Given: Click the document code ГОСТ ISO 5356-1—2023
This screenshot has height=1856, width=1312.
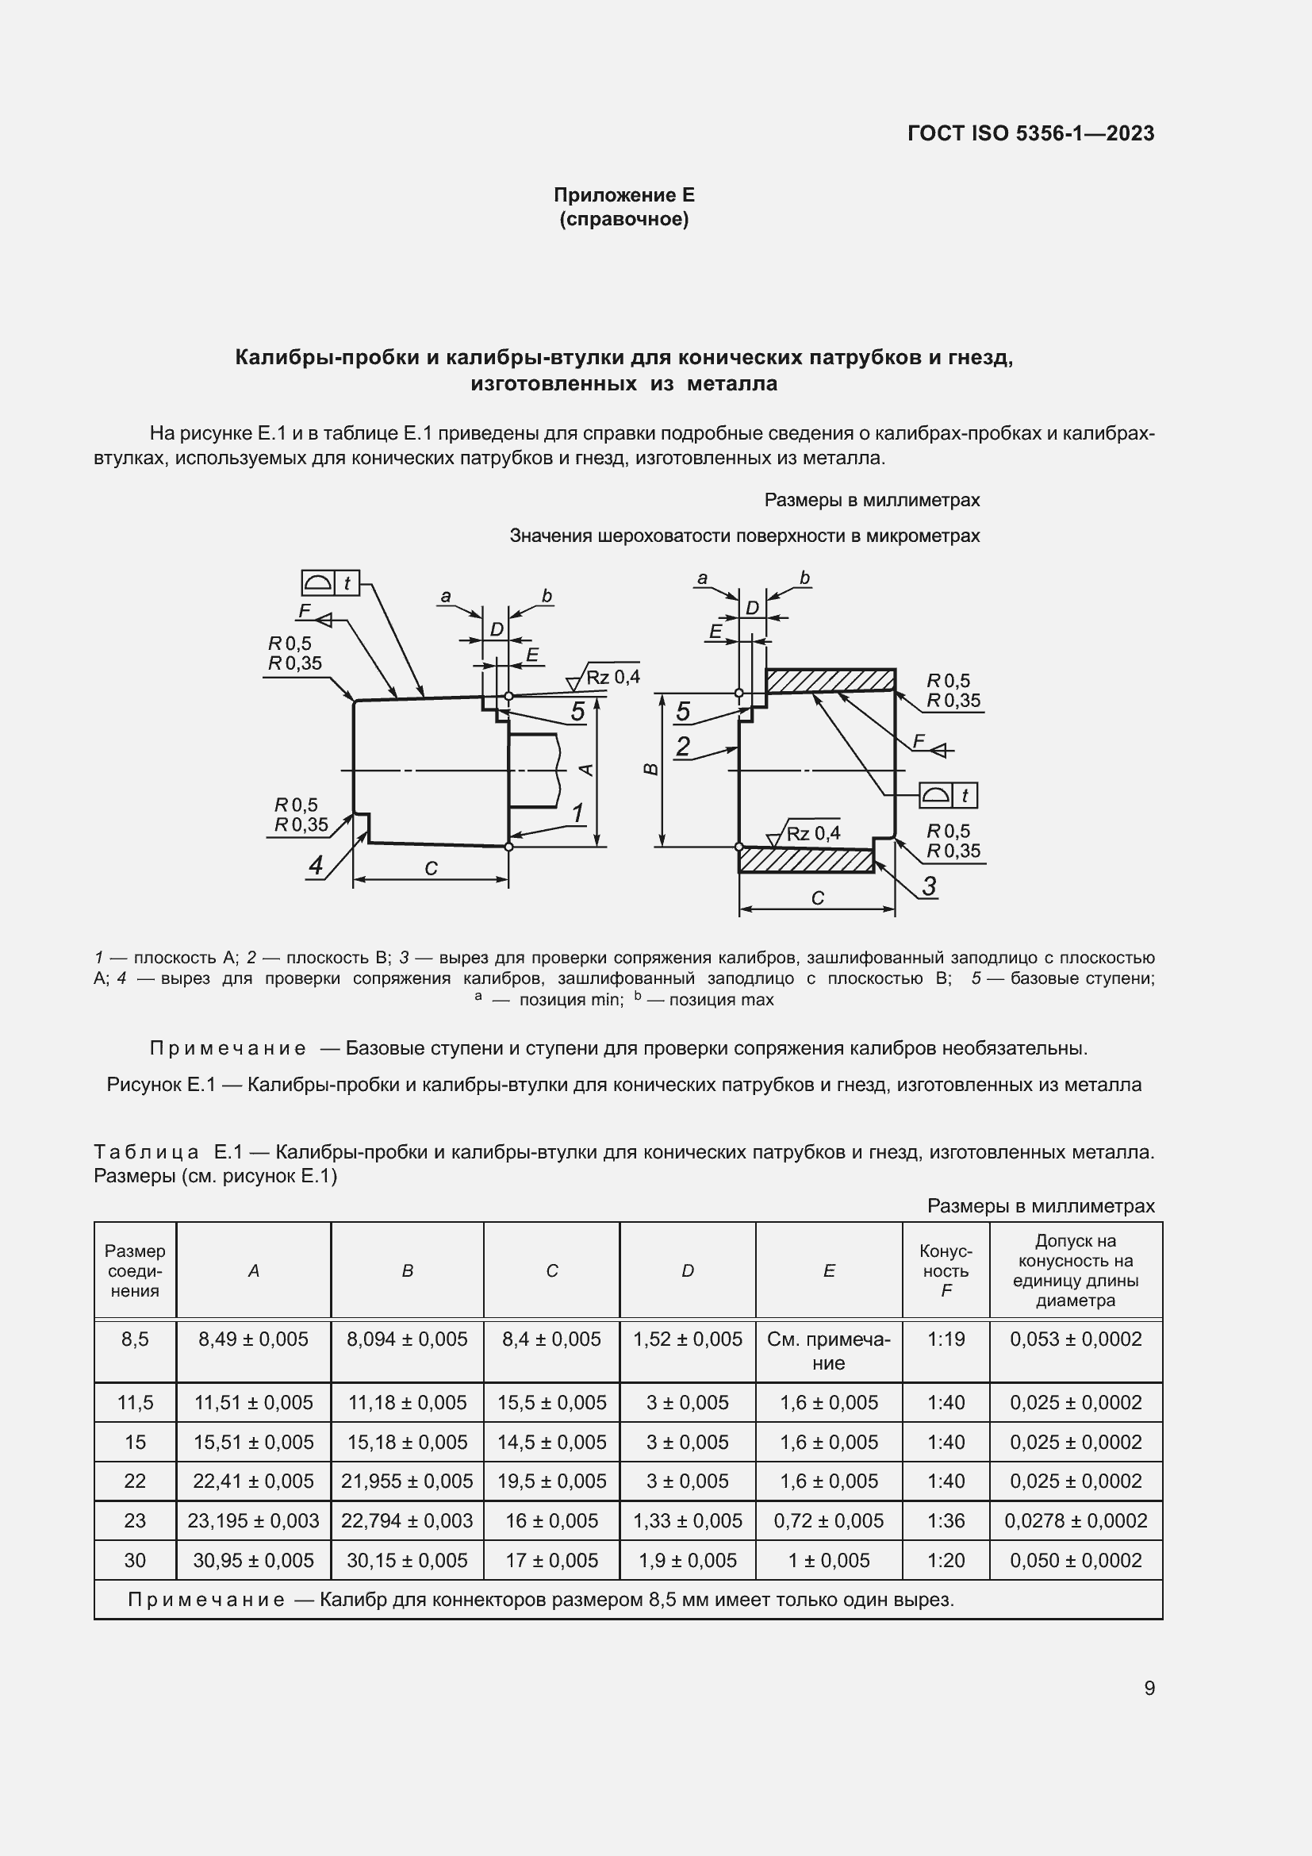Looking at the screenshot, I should click(1030, 133).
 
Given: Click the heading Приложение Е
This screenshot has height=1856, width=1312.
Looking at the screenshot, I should click(623, 195).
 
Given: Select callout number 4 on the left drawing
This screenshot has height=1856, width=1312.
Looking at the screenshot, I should click(316, 866).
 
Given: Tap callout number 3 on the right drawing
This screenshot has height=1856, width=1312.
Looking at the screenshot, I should click(929, 886).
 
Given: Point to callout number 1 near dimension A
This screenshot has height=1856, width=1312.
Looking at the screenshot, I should click(577, 813).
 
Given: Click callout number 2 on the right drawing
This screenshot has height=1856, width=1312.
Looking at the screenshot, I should click(683, 746).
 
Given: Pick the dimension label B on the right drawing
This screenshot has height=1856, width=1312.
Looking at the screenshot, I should click(651, 769).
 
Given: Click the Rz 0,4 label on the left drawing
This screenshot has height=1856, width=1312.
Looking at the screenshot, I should click(612, 678).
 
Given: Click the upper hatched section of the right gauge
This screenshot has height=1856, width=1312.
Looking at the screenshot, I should click(831, 681).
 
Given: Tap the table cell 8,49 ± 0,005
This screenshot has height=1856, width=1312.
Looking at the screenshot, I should click(253, 1339).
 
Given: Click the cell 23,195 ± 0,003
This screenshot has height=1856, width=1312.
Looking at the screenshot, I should click(253, 1520).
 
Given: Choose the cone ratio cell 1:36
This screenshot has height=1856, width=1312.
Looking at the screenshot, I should click(946, 1520).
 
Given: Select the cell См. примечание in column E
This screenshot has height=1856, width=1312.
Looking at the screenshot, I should click(828, 1351).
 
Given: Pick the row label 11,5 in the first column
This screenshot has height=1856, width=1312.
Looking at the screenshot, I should click(135, 1402).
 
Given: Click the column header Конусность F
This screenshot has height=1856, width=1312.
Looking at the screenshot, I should click(946, 1270).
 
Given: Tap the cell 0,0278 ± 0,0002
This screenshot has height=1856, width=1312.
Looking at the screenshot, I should click(1076, 1520).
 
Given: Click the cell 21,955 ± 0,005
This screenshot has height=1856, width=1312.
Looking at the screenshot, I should click(406, 1481).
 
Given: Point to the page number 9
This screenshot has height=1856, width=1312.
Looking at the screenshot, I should click(1149, 1688).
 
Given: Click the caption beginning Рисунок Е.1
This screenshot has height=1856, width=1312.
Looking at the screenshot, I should click(623, 1085).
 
